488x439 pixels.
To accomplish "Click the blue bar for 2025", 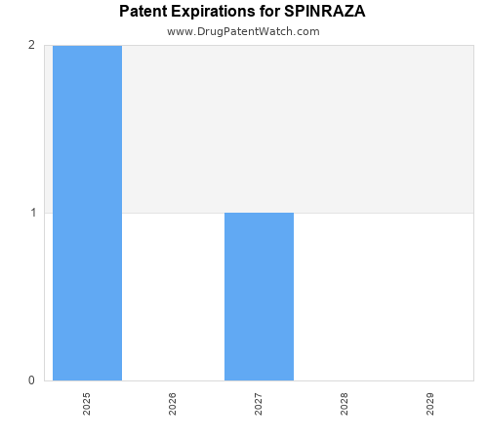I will pos(87,213).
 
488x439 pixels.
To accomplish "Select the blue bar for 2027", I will pos(259,297).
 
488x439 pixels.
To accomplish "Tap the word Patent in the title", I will pos(143,12).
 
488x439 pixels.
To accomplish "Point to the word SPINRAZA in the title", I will pos(325,12).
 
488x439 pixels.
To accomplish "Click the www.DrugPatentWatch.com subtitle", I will pos(243,31).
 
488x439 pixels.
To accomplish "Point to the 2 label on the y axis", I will pos(32,45).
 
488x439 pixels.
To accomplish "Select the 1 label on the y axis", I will pos(32,213).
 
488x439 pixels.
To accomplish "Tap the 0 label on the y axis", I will pos(32,380).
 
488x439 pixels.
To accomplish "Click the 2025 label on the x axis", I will pos(87,404).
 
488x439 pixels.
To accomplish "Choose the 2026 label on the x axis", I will pos(173,404).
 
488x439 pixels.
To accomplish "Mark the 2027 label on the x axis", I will pos(259,404).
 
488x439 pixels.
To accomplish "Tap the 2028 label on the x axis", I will pos(345,404).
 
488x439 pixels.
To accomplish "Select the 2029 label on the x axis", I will pos(430,404).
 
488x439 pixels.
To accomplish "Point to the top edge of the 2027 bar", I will pos(259,213).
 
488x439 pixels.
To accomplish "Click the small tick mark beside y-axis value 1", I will pos(41,213).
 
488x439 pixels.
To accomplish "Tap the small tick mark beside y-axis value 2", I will pos(41,45).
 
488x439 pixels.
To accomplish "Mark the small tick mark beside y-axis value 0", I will pos(41,380).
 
